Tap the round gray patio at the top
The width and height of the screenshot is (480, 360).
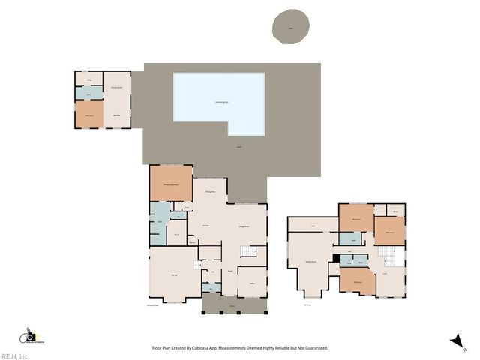click(290, 27)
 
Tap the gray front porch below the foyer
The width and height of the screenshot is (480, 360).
click(232, 303)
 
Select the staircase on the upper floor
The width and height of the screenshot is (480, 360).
click(390, 257)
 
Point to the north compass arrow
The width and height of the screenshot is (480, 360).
click(454, 341)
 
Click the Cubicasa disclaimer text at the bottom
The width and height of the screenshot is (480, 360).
click(240, 348)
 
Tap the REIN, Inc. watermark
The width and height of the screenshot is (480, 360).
click(15, 356)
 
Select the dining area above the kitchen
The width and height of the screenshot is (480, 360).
click(211, 193)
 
